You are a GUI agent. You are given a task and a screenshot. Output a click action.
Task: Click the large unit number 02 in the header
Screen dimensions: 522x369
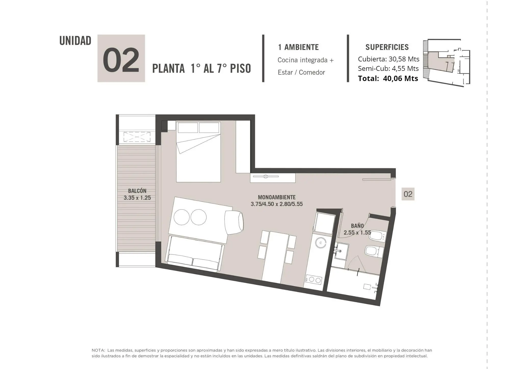tap(121, 60)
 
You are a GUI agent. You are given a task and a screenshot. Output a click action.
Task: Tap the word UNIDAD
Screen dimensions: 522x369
tap(75, 41)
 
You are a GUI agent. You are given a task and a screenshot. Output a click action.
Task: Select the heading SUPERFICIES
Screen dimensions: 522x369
tap(387, 47)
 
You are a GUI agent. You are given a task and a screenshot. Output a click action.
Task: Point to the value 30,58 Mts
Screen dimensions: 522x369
tap(404, 59)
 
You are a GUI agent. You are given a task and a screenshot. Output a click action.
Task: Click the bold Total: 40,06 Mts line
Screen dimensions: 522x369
tap(388, 78)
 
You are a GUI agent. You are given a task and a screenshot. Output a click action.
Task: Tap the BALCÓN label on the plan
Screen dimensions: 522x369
tap(137, 191)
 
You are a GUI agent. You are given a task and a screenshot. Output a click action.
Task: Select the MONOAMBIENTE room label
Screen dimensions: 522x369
tap(277, 197)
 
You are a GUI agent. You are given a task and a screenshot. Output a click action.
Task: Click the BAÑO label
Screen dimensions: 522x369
tap(357, 226)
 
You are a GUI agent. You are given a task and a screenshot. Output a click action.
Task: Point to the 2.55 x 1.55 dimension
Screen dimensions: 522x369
tap(357, 232)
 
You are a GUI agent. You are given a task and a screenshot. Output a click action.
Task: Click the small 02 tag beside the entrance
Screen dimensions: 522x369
tap(408, 194)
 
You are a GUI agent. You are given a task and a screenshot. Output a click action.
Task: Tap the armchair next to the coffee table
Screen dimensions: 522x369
tap(234, 222)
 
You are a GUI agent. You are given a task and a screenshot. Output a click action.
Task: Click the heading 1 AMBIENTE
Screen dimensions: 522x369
tap(298, 47)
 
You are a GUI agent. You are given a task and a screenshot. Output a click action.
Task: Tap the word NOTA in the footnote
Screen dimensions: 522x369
tap(98, 350)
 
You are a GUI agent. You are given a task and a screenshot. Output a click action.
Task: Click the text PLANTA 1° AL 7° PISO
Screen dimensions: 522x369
tap(202, 68)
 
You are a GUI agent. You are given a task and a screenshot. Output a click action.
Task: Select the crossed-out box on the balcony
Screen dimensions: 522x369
tap(137, 137)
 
